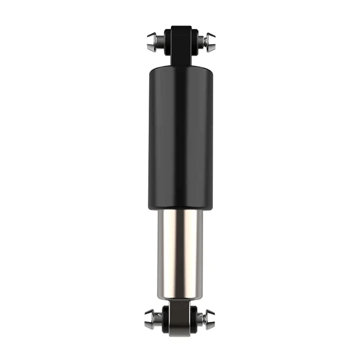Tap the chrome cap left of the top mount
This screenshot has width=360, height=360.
(151, 42)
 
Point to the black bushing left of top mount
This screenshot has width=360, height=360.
(167, 41)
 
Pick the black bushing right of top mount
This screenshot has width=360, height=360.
(194, 41)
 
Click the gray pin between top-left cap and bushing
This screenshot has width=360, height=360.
(159, 42)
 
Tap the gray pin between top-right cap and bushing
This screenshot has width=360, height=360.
(201, 42)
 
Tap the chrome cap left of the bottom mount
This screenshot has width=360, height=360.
(150, 319)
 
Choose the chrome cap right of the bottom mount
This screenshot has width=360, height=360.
(210, 319)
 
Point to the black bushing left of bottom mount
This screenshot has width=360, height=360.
(166, 319)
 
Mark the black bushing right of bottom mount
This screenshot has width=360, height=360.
(194, 319)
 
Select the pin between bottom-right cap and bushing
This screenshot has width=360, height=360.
(201, 319)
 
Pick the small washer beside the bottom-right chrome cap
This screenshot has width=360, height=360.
(205, 319)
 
